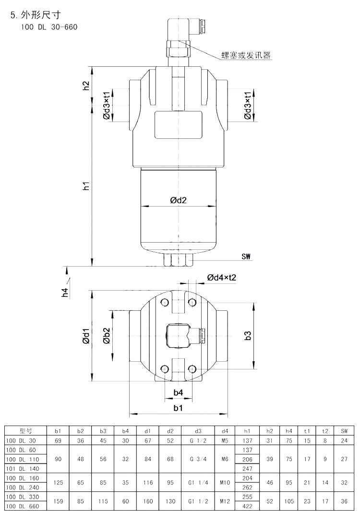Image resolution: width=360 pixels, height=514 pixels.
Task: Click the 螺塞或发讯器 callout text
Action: pos(246,55)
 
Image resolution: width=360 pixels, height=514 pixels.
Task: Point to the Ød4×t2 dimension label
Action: pos(222,278)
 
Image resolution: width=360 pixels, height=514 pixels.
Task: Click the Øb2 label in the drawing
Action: pos(107,336)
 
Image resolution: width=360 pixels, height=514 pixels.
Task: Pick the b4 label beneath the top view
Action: pos(178,392)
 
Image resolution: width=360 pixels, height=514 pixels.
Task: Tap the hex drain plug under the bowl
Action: pos(178,260)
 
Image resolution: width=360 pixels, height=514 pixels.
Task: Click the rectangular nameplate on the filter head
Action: pos(178,125)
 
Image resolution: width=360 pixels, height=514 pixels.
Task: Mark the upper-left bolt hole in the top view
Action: pos(165,302)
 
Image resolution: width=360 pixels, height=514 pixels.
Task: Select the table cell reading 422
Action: pos(248,506)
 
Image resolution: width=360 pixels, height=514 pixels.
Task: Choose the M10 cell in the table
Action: pos(225,482)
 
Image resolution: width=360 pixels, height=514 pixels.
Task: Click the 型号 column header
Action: pos(26,431)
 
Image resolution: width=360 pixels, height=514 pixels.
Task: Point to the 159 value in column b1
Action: pos(58,501)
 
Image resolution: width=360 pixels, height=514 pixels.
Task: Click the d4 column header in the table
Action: pos(225,431)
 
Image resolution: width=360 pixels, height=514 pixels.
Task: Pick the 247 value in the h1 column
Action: pos(248,468)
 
